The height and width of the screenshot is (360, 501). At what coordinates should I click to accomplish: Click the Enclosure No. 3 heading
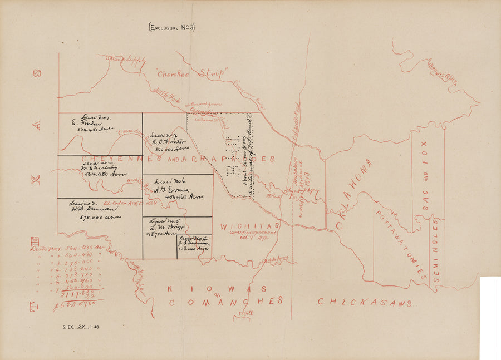[x=171, y=27]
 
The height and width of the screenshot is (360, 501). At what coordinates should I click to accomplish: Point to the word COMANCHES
[x=225, y=301]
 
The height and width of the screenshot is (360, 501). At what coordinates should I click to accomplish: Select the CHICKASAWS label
[x=365, y=303]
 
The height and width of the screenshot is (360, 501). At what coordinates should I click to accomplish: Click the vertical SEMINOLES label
[x=436, y=250]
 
